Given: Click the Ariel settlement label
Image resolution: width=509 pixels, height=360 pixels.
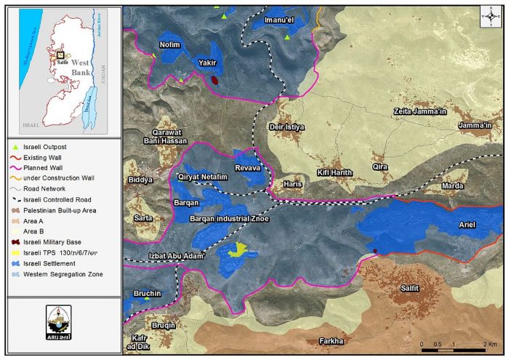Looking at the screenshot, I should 466,225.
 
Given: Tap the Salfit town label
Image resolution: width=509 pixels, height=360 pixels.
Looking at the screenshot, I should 411,289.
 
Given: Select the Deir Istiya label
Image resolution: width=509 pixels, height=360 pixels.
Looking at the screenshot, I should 286,127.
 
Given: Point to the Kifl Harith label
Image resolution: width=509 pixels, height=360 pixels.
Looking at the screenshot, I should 334,172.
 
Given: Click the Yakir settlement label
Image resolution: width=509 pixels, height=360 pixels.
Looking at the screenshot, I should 209,63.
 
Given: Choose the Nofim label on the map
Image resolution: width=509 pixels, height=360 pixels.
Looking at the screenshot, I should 169,44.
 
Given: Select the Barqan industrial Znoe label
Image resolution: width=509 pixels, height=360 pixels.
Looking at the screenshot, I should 229,218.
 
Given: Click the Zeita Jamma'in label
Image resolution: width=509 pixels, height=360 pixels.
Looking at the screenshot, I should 420,111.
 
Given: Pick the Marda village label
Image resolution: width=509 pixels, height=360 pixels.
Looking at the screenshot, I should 452,185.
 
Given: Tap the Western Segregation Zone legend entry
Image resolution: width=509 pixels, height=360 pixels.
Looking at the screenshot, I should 63,274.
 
